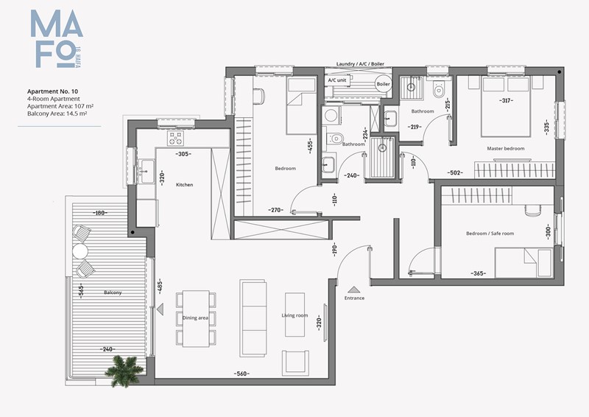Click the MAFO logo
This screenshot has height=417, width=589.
(57, 39)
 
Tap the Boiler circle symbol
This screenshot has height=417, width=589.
(383, 84)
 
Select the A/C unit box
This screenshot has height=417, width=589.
(337, 80)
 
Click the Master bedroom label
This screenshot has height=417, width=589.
(506, 149)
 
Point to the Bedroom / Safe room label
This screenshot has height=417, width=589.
(490, 234)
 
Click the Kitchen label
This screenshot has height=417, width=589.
(185, 185)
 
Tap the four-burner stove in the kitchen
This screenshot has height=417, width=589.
(175, 138)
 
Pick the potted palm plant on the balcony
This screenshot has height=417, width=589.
(124, 371)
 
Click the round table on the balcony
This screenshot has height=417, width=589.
(80, 251)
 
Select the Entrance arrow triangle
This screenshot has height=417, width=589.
(354, 290)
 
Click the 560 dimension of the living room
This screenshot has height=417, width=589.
(241, 374)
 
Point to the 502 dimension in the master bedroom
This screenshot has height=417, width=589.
(455, 172)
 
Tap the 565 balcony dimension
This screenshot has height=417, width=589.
(81, 291)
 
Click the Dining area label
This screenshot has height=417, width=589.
(195, 318)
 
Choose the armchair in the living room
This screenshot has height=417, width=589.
(296, 362)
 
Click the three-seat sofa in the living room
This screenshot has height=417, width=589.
(253, 318)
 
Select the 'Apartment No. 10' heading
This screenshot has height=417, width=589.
(52, 91)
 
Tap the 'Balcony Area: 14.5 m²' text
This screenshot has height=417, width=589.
(57, 113)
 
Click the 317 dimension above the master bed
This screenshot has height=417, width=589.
(506, 100)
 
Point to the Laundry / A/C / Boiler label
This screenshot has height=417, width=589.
(360, 64)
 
